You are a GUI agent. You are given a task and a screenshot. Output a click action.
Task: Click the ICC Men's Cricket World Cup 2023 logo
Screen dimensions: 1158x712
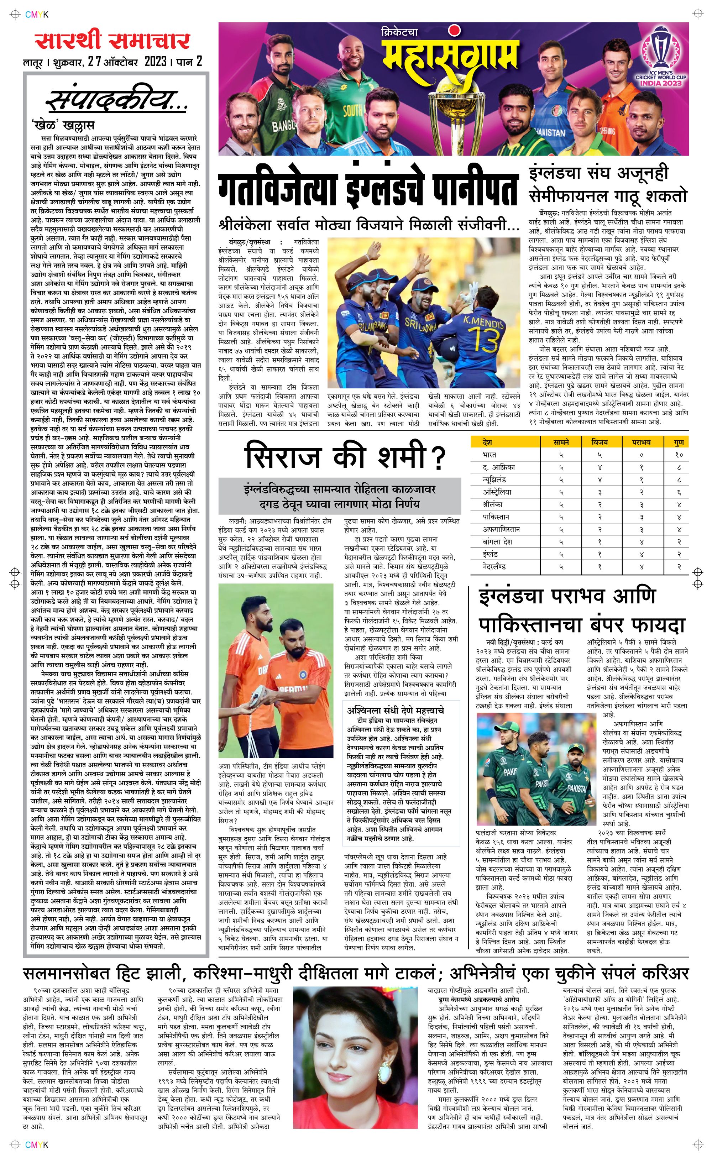point(661,57)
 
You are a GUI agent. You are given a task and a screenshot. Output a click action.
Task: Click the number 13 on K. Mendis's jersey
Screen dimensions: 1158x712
point(478,339)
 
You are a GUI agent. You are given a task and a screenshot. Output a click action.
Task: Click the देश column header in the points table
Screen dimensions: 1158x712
point(488,442)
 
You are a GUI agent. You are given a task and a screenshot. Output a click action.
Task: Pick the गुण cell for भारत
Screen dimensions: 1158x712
point(679,455)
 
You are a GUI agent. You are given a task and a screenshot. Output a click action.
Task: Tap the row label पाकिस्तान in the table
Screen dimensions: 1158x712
point(496,517)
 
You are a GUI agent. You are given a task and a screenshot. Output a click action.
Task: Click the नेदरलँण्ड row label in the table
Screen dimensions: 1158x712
point(494,567)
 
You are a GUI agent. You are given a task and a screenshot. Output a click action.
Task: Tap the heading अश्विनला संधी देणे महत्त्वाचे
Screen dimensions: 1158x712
point(396,710)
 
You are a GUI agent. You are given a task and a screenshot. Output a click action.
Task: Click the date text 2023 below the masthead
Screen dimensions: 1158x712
point(156,62)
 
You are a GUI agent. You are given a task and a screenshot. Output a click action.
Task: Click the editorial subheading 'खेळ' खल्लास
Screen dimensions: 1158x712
point(63,125)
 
